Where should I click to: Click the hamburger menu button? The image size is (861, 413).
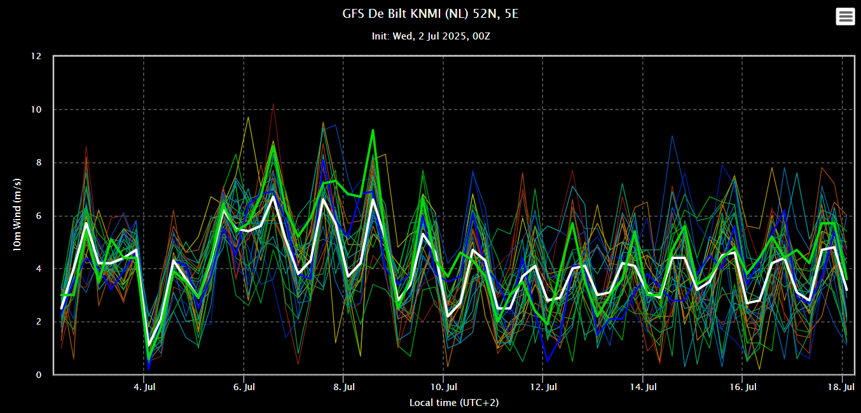pyautogui.click(x=845, y=17)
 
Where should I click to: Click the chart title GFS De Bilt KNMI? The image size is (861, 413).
pyautogui.click(x=430, y=13)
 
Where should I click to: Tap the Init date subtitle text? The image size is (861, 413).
pyautogui.click(x=430, y=36)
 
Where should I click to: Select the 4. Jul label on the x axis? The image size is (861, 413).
pyautogui.click(x=144, y=387)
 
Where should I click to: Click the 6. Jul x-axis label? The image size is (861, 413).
pyautogui.click(x=244, y=387)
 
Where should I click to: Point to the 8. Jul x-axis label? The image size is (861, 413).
pyautogui.click(x=344, y=387)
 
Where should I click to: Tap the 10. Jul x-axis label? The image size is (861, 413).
pyautogui.click(x=443, y=387)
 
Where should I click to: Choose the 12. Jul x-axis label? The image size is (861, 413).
pyautogui.click(x=543, y=387)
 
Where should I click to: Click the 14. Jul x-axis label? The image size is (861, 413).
pyautogui.click(x=643, y=387)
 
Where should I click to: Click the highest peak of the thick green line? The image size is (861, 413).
pyautogui.click(x=373, y=130)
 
